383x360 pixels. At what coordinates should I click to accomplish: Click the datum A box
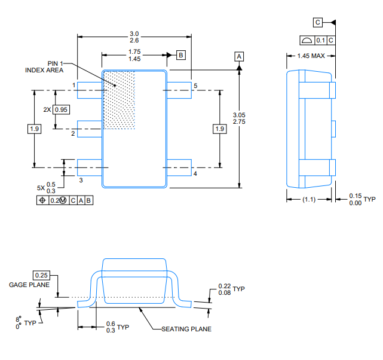point(239,56)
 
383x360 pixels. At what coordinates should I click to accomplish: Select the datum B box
point(181,55)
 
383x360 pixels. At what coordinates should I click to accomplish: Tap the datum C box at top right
point(317,22)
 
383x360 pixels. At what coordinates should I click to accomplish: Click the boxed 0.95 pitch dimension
point(61,109)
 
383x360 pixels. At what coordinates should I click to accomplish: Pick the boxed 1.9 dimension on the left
point(34,129)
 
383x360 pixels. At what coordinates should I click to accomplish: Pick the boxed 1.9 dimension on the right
point(220,129)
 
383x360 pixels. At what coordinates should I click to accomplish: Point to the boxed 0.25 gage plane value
point(41,275)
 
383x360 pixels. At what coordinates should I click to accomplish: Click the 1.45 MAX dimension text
point(311,56)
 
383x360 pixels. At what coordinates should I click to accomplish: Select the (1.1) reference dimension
point(309,200)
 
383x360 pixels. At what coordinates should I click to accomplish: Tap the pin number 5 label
point(195,86)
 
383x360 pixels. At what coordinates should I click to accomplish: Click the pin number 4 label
point(195,173)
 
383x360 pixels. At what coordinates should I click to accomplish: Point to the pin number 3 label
point(81,181)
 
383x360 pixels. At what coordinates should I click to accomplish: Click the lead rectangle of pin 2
point(90,129)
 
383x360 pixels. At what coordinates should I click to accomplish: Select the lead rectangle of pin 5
point(179,90)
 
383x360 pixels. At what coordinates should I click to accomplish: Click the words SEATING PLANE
point(186,329)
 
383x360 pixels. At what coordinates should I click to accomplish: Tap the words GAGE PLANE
point(29,285)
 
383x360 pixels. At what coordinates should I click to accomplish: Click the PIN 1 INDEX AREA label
point(44,67)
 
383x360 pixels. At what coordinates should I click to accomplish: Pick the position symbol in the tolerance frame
point(42,200)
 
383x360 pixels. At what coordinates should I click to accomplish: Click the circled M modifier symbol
point(63,200)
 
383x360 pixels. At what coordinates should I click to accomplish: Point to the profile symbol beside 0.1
point(307,40)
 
